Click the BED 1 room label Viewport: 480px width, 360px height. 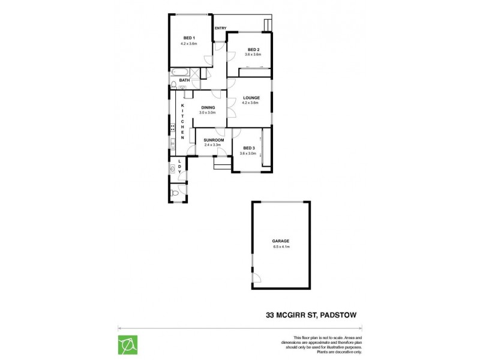tap(189, 38)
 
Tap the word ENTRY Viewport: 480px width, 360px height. tap(220, 28)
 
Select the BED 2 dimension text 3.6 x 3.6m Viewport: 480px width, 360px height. tap(253, 55)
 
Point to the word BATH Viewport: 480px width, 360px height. tap(184, 80)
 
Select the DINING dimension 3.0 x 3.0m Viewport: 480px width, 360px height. tap(208, 113)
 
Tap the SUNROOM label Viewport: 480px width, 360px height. tap(213, 139)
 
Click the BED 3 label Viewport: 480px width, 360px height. tap(248, 148)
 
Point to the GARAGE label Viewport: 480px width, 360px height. tap(281, 241)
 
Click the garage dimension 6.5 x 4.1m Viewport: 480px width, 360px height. tap(281, 247)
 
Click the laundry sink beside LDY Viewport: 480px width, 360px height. tap(173, 169)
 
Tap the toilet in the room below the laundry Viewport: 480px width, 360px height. tap(173, 193)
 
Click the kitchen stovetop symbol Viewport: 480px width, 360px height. tap(172, 127)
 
